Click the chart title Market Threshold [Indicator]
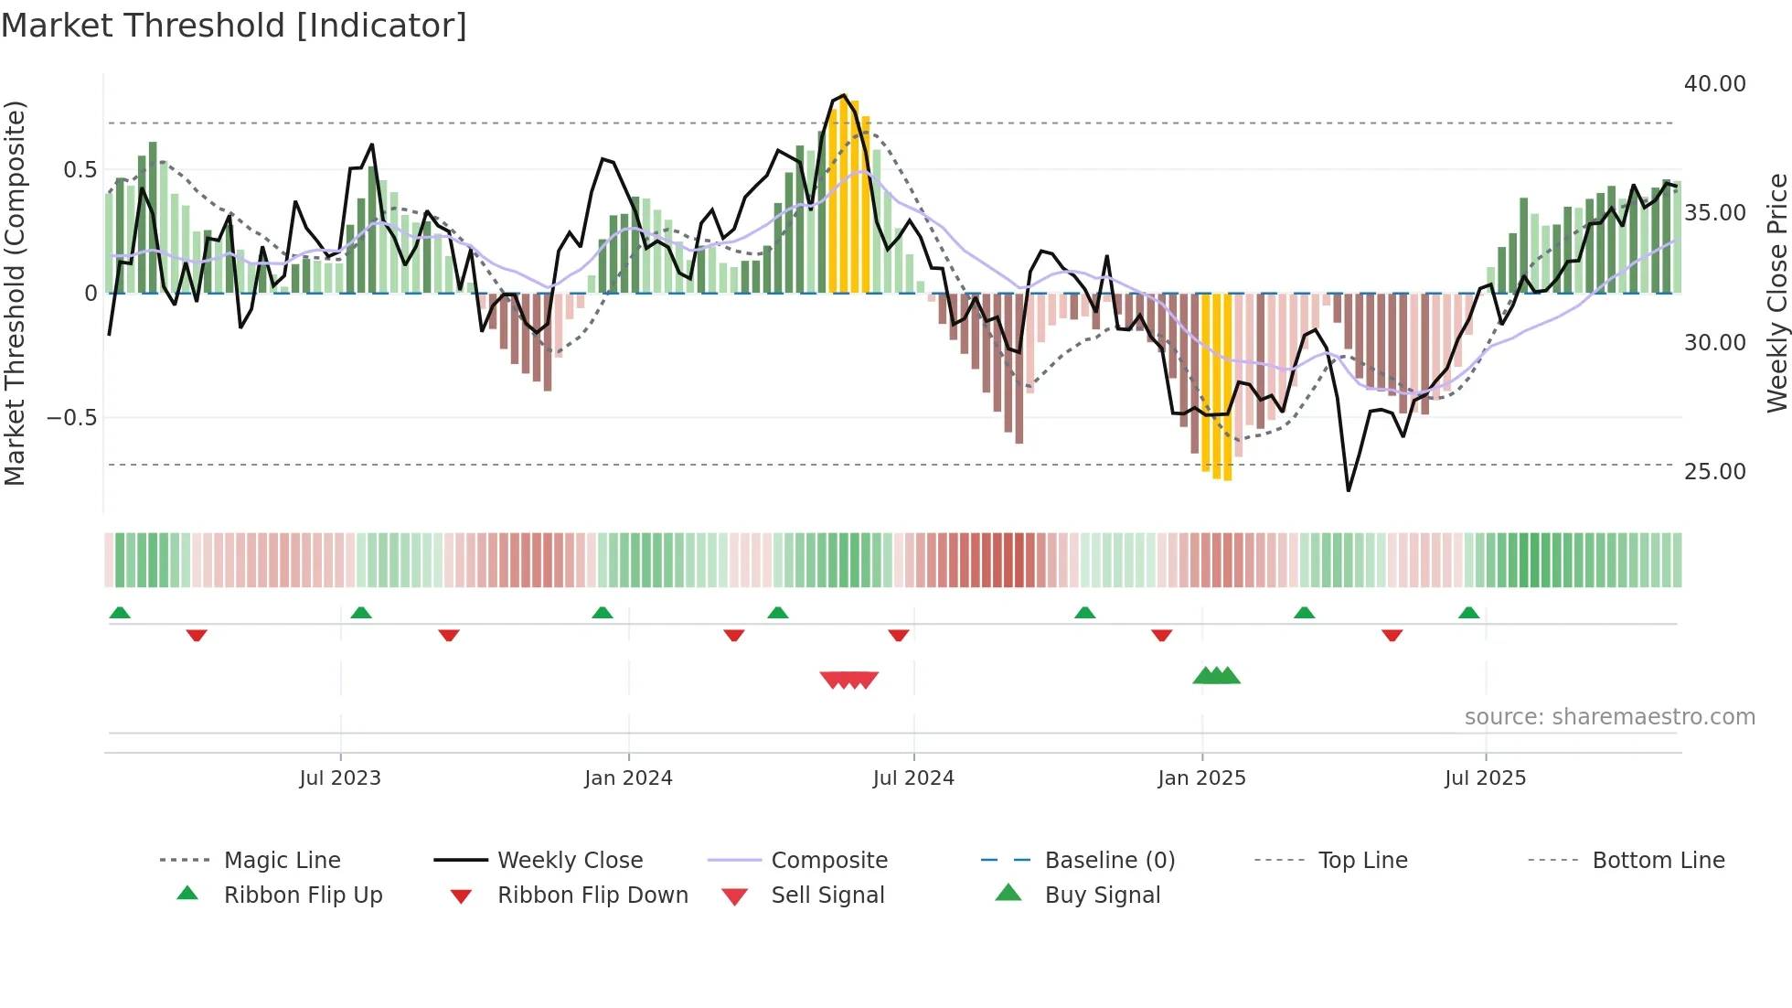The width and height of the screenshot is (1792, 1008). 234,26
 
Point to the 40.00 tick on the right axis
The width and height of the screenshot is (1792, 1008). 1714,84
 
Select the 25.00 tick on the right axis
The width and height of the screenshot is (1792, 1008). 1714,472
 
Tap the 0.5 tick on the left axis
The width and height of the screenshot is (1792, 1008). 80,170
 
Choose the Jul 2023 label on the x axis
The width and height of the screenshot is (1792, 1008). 340,778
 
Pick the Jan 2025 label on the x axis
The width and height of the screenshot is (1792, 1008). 1201,778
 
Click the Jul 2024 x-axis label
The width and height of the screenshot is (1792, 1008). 913,778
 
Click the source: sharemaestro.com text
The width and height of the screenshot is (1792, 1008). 1609,717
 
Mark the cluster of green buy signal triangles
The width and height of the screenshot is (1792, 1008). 1217,676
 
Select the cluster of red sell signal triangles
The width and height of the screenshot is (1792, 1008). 849,680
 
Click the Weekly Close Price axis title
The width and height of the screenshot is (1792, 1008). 1776,293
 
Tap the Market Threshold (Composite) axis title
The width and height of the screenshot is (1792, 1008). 15,293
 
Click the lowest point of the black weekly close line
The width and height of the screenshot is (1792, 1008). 1349,490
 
